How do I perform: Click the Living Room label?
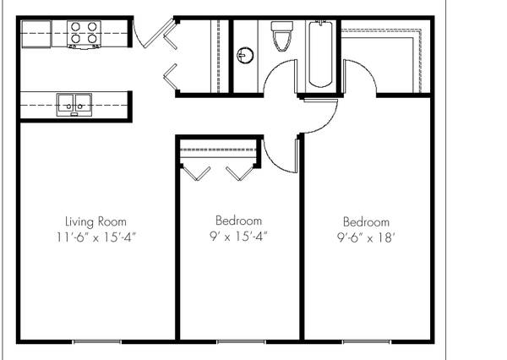(95, 222)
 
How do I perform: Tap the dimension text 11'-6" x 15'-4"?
(95, 237)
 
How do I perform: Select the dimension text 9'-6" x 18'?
(366, 238)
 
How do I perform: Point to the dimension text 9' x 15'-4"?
(238, 237)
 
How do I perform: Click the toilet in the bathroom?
(282, 36)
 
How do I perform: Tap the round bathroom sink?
(245, 55)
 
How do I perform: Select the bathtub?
(320, 54)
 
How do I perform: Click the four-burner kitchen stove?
(84, 35)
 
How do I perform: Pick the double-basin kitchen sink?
(74, 105)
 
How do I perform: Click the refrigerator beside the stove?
(36, 34)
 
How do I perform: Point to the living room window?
(97, 341)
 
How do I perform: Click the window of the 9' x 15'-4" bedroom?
(241, 341)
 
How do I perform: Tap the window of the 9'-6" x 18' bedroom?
(367, 341)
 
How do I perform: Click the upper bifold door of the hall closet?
(170, 35)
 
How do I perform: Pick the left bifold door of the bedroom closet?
(197, 173)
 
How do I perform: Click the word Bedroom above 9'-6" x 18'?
(366, 222)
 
